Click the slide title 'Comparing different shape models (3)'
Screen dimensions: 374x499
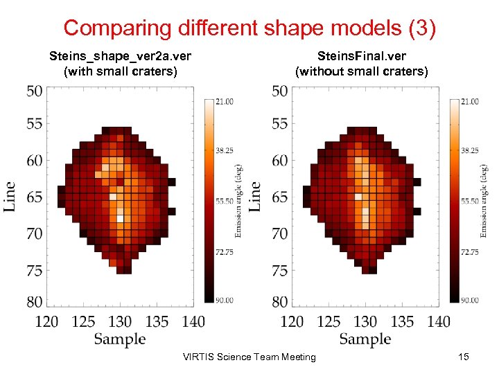tap(249, 28)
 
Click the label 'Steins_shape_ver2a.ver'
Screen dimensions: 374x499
tap(119, 55)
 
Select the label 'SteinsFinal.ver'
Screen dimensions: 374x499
tap(361, 55)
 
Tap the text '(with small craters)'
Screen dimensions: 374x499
tap(120, 71)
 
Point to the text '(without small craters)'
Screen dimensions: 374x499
tap(361, 71)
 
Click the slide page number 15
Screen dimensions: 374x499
tap(464, 356)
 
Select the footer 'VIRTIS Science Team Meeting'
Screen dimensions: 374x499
tap(249, 357)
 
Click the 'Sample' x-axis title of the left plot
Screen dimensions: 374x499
tap(120, 339)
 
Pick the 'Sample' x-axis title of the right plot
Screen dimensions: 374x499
tap(365, 339)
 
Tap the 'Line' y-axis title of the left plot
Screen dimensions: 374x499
tap(10, 197)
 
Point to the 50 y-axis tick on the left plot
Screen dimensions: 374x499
tap(34, 91)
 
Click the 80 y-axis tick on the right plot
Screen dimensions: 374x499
tap(279, 302)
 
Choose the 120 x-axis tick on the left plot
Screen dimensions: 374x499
tap(46, 321)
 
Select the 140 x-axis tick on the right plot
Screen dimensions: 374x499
tap(439, 321)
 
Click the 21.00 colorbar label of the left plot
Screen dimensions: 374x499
tap(225, 102)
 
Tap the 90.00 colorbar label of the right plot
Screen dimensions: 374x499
tap(469, 300)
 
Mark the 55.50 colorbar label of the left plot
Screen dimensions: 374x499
tap(225, 201)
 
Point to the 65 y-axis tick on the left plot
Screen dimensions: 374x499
tap(34, 197)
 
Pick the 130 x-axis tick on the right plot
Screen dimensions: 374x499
tap(365, 321)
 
